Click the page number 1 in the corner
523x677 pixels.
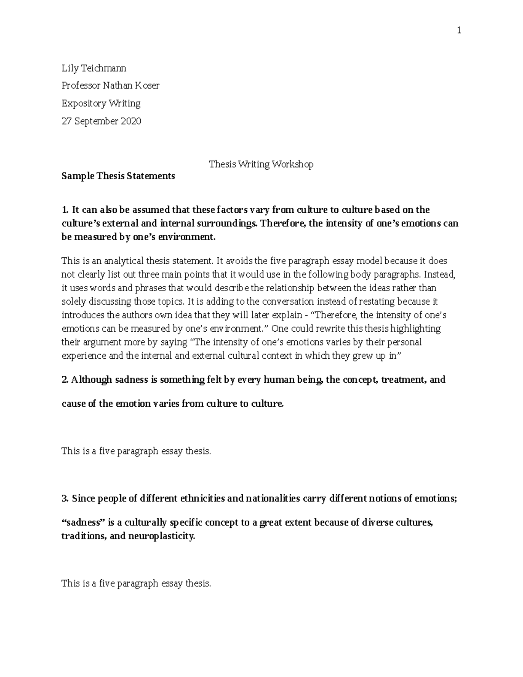[459, 30]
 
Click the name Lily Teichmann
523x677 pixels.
[94, 68]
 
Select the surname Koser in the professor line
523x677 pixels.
[146, 85]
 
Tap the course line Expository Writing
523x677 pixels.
[101, 103]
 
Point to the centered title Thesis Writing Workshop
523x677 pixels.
[261, 164]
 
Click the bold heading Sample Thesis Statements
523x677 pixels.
[118, 176]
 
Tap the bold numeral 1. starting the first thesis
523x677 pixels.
[65, 210]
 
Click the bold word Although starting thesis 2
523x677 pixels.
[92, 380]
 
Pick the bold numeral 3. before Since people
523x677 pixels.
[65, 498]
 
